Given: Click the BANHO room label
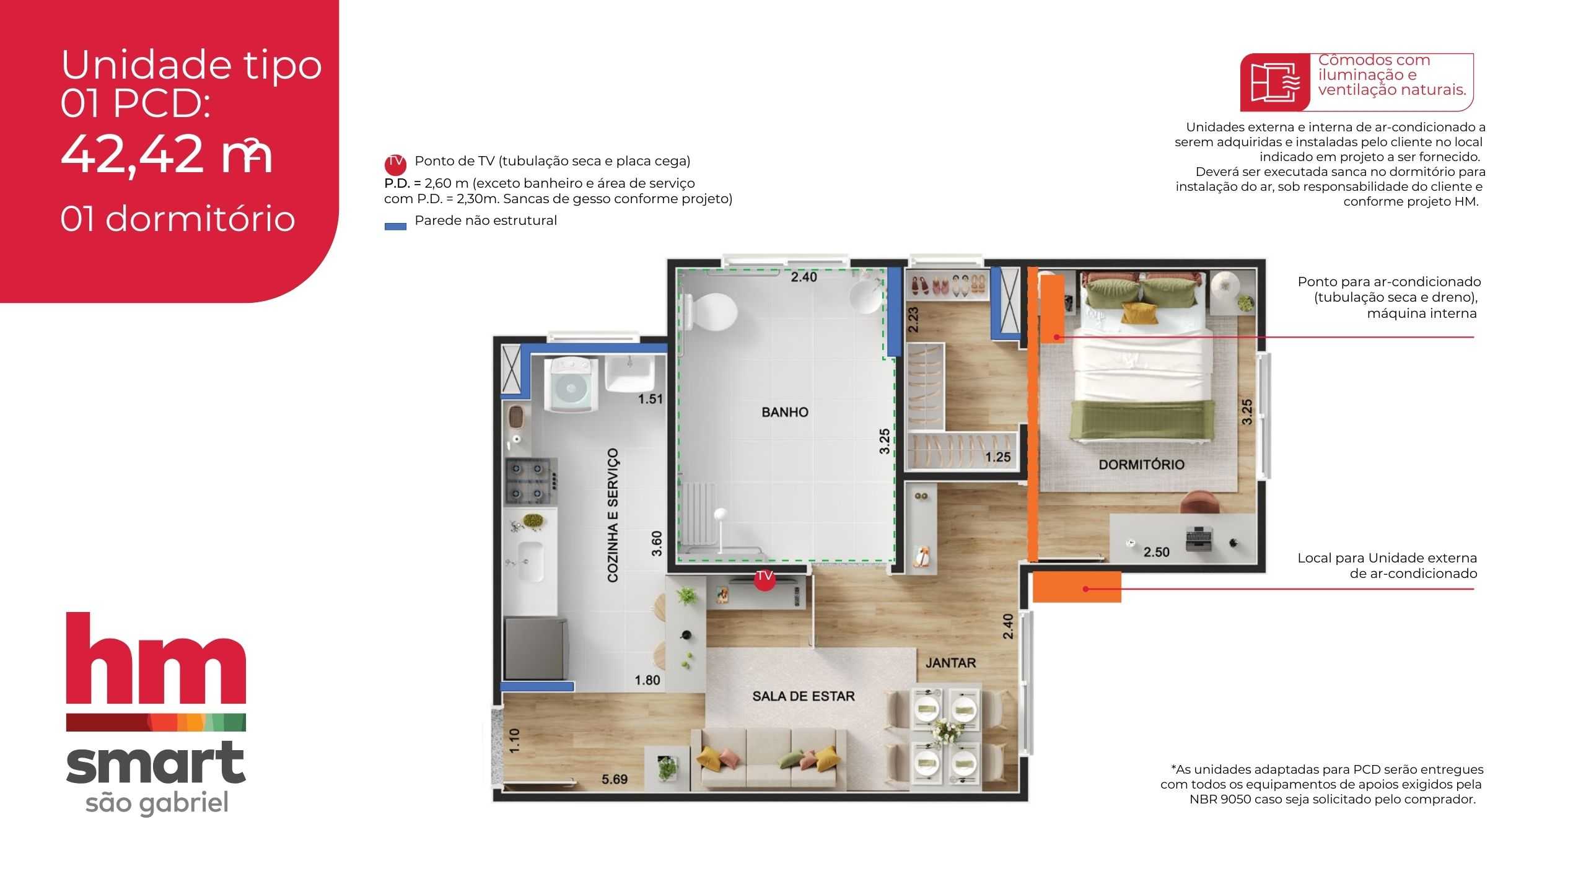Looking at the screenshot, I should click(x=784, y=412).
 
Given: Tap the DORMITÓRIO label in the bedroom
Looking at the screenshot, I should click(x=1141, y=465).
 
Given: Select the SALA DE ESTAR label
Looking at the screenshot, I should click(x=803, y=696).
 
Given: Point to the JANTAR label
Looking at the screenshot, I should click(x=950, y=663).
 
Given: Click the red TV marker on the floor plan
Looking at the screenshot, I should click(x=765, y=579).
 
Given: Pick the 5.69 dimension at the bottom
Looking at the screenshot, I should click(x=615, y=779).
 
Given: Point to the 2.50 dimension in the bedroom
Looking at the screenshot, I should click(x=1156, y=552).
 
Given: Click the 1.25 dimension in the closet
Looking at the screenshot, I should click(x=997, y=457).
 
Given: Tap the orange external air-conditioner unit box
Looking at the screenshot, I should click(x=1077, y=587).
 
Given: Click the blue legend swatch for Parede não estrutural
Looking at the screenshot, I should click(x=395, y=227).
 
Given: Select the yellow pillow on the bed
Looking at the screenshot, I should click(x=1140, y=313).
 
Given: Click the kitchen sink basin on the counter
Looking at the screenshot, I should click(x=530, y=561).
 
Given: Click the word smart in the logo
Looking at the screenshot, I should click(x=156, y=763).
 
